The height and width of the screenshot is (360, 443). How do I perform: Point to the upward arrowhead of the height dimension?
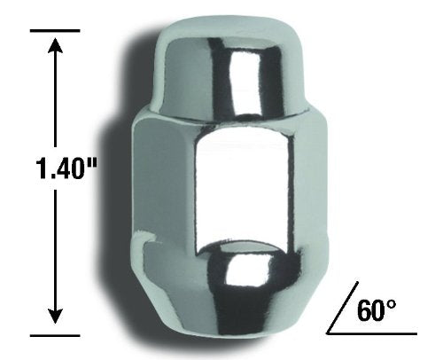(55, 44)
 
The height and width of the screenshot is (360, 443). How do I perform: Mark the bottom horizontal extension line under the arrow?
(55, 335)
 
